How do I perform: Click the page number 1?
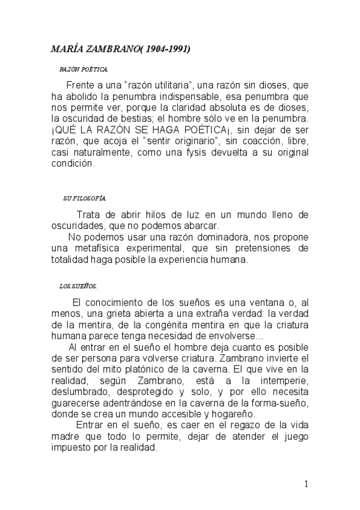pos(307,485)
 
